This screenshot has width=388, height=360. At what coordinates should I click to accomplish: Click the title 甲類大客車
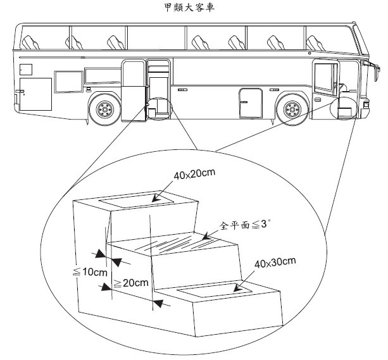click(x=194, y=8)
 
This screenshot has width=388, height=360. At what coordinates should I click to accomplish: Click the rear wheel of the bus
click(x=103, y=110)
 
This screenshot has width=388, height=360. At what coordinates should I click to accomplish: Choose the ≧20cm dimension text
click(x=130, y=283)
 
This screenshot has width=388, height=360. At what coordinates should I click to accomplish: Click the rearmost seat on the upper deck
click(x=30, y=43)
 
